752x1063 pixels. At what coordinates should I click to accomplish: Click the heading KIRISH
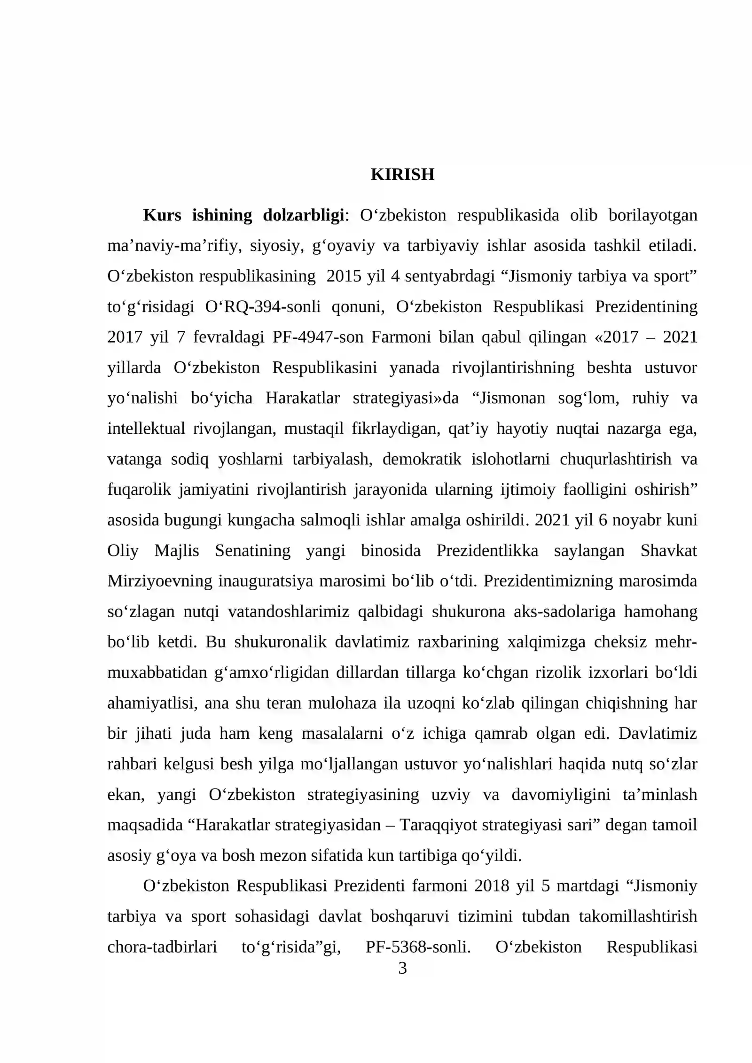coord(402,174)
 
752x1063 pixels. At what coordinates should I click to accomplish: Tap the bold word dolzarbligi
coord(304,215)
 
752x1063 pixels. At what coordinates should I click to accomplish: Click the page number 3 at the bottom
coord(402,968)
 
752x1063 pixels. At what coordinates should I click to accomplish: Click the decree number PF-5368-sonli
coord(418,947)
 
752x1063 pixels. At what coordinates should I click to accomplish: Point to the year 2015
coord(344,276)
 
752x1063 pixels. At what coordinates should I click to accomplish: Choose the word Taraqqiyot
coord(437,825)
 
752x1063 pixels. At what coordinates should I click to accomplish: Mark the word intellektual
coord(146,429)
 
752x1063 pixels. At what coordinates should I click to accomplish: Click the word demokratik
coord(422,459)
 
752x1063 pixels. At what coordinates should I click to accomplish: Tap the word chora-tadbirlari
coord(162,947)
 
